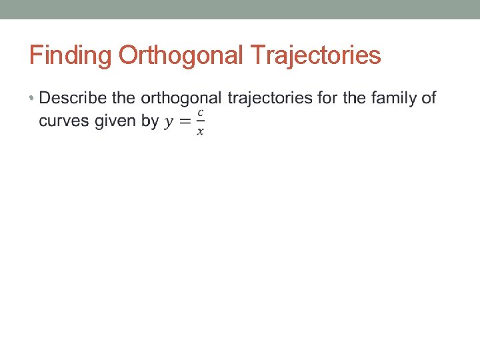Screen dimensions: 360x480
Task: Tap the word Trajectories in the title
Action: click(x=317, y=55)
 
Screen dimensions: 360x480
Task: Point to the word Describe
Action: click(x=73, y=99)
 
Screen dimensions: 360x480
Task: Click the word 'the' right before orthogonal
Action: click(x=123, y=99)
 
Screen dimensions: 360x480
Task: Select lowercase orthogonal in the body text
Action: click(x=181, y=99)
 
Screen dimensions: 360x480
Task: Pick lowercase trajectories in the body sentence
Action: click(x=270, y=99)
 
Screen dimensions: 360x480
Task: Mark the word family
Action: click(x=394, y=99)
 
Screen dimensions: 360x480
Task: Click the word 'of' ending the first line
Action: click(x=428, y=99)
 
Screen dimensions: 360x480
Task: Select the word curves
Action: click(x=63, y=121)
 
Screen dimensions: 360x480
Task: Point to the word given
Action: click(x=115, y=121)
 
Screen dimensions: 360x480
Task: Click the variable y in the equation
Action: click(x=171, y=122)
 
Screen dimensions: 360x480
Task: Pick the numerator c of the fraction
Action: click(x=200, y=113)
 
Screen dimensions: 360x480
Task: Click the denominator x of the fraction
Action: click(x=200, y=131)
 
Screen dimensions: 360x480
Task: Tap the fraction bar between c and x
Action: click(x=200, y=121)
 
